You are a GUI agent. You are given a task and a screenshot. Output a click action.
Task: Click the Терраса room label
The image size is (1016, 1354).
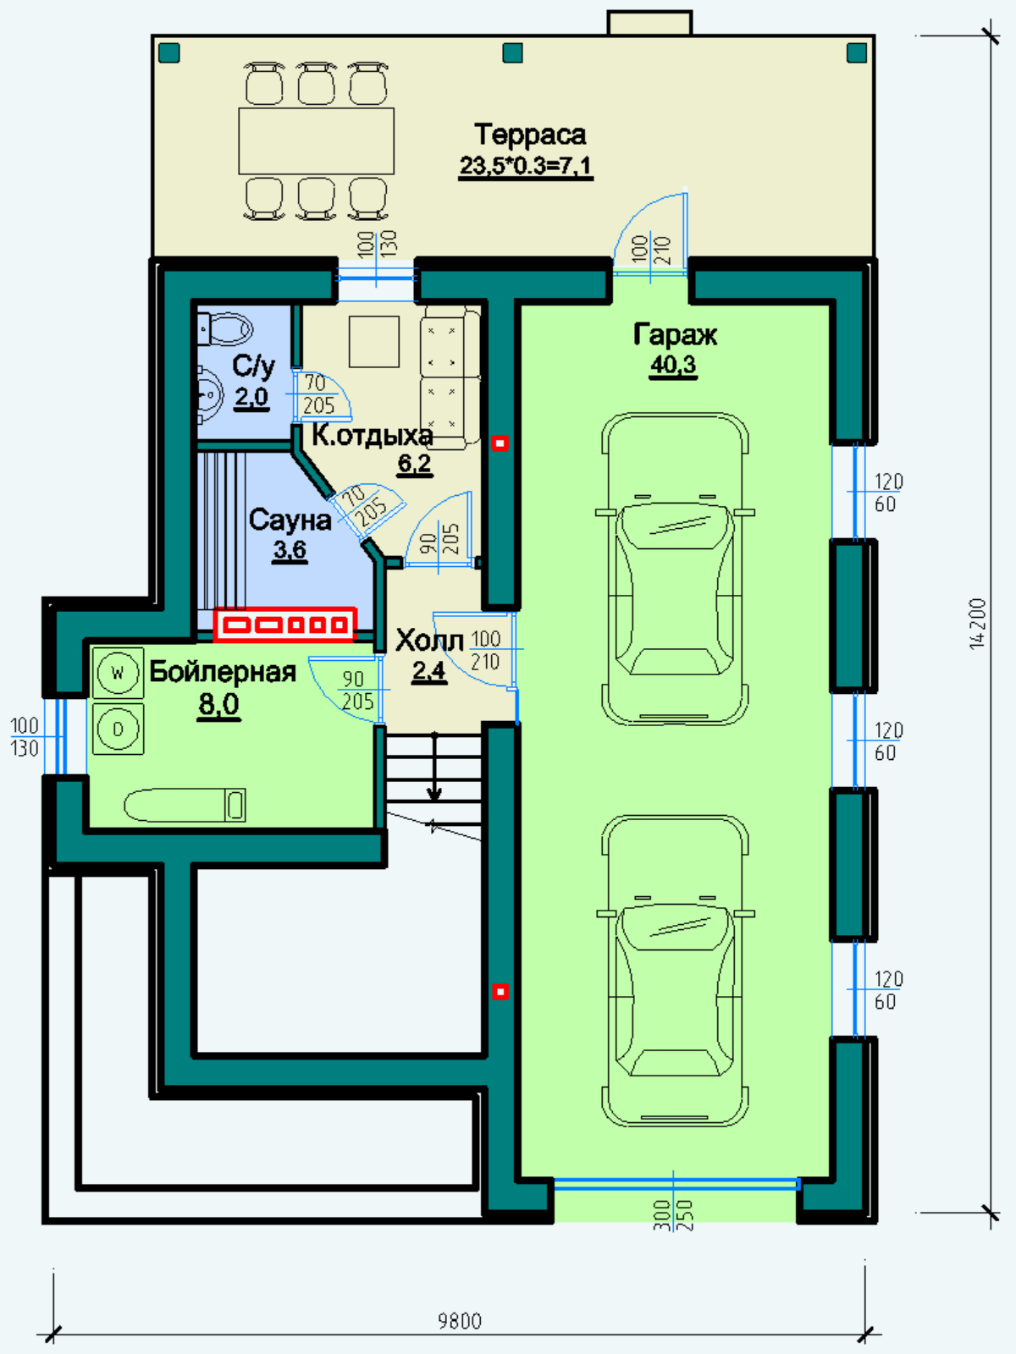point(529,135)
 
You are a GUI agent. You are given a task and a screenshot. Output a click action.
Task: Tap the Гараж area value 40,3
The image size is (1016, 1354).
point(673,365)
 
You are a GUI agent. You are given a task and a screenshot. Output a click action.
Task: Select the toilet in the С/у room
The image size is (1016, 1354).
point(225,329)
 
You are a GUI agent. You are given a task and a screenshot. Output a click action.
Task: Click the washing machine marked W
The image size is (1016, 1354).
point(118,673)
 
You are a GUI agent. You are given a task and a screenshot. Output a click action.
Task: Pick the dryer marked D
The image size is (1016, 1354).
point(118,729)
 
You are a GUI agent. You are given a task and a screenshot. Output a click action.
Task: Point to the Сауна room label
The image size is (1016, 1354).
point(290,520)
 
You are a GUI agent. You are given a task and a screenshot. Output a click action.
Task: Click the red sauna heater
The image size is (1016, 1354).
point(285,625)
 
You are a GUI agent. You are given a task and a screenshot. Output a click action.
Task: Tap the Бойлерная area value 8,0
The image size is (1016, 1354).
point(219,703)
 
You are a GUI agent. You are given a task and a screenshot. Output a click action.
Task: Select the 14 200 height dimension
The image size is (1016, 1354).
point(978,624)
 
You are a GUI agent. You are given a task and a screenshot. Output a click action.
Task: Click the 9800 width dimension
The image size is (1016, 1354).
point(461,1321)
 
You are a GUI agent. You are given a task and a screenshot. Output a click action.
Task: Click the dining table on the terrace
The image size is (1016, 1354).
point(317,141)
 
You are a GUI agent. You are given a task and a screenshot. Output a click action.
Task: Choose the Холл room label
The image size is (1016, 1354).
point(429,641)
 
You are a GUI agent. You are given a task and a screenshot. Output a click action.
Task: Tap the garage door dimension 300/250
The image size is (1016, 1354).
point(674,1215)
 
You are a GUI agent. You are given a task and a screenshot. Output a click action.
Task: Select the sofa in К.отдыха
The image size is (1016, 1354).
point(450,378)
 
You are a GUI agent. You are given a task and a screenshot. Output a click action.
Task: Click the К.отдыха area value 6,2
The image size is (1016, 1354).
point(415,463)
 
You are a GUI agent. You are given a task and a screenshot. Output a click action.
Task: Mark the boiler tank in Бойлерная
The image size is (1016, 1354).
point(185,805)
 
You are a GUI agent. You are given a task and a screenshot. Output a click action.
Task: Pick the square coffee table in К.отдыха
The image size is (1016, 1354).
point(374,342)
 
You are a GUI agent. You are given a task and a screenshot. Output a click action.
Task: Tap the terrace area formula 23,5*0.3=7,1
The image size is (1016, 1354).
point(526,166)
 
